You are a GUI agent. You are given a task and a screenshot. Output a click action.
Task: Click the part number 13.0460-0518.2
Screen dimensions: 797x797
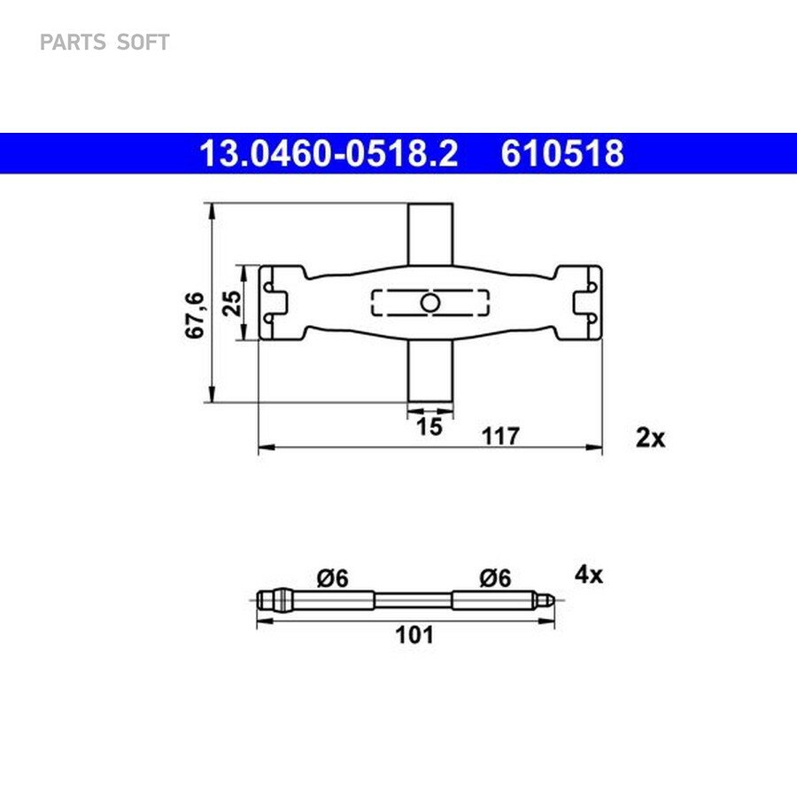click(329, 153)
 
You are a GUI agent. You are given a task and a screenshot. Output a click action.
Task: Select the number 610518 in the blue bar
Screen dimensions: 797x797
click(562, 153)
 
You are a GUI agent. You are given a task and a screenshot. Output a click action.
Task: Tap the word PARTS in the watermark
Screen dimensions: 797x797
click(73, 43)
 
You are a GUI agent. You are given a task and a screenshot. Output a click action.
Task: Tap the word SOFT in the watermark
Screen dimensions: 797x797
click(143, 43)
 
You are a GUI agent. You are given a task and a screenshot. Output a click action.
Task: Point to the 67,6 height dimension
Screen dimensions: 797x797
click(195, 315)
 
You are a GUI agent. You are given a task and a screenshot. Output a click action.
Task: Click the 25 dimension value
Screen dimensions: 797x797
click(233, 304)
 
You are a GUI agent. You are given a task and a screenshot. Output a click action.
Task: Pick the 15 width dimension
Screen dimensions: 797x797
click(429, 427)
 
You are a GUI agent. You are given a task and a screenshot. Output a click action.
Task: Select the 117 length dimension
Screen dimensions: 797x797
click(500, 436)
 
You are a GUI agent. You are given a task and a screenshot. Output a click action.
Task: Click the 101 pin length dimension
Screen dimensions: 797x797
click(414, 635)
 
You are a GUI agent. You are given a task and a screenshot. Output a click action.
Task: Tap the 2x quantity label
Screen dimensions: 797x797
click(650, 437)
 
